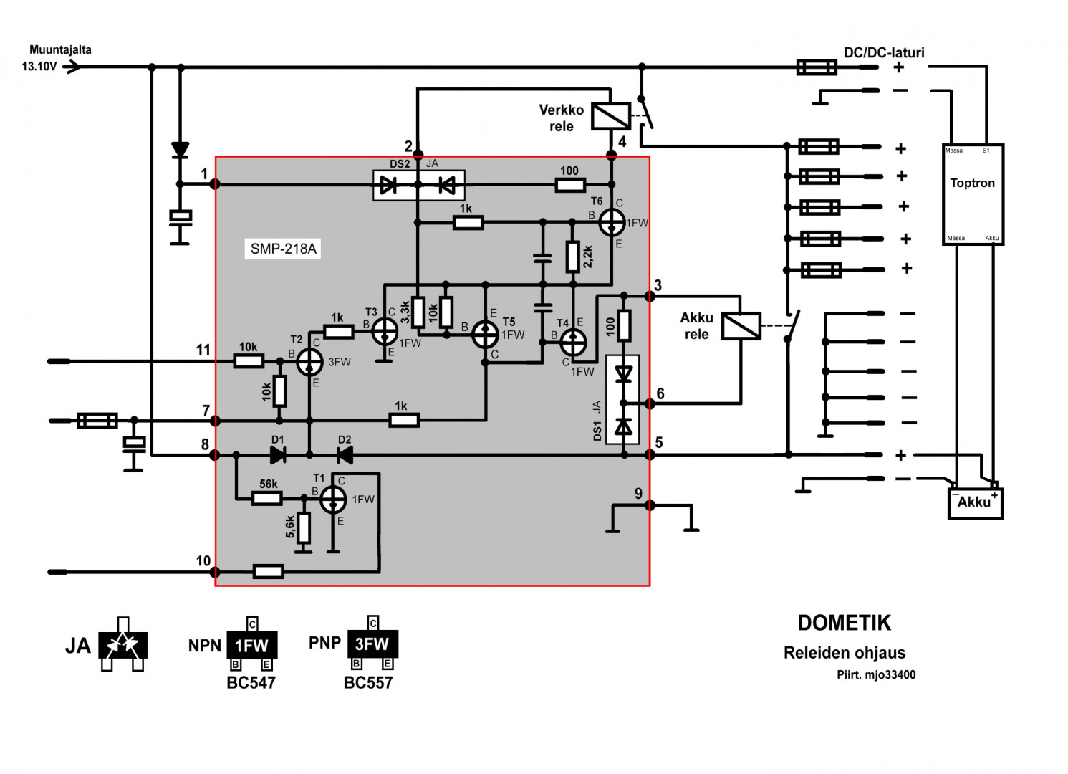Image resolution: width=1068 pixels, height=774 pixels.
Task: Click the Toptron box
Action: (972, 194)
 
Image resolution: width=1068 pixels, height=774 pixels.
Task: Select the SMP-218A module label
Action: (283, 249)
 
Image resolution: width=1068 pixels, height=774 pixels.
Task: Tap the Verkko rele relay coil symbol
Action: (610, 116)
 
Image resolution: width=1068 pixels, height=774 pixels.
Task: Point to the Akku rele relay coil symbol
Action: (741, 326)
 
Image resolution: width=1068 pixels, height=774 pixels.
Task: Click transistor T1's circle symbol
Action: (333, 500)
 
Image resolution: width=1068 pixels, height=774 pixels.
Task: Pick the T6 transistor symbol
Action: (612, 223)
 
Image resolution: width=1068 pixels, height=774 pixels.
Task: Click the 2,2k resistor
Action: (572, 257)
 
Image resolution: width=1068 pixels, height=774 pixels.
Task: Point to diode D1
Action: (278, 454)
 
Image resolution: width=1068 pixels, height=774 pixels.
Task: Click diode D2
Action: (345, 454)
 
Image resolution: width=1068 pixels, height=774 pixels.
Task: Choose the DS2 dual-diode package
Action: (418, 186)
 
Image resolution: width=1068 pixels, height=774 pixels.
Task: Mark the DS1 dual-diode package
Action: (623, 400)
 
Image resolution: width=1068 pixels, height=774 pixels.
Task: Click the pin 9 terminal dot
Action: (650, 505)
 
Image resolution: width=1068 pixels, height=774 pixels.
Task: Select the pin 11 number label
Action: (203, 350)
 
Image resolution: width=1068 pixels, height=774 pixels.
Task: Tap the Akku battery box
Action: (975, 502)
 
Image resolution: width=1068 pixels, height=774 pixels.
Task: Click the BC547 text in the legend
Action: (251, 683)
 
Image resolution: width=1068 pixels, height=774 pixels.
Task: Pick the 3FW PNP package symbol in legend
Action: (372, 644)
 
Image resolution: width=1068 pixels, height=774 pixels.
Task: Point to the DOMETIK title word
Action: (845, 623)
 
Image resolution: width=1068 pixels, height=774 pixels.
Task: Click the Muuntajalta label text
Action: (60, 50)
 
